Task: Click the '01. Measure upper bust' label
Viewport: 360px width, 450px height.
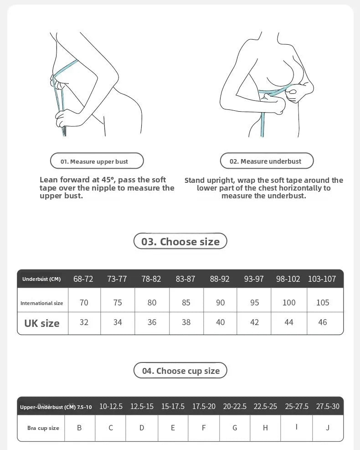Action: [x=97, y=161]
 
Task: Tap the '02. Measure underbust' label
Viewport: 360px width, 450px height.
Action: [x=267, y=161]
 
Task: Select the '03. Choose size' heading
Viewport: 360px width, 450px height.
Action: [x=180, y=241]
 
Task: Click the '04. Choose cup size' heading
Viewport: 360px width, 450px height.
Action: [x=180, y=371]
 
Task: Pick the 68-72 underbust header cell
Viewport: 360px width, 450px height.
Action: [x=83, y=279]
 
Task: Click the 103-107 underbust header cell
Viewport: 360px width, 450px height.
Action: [x=322, y=279]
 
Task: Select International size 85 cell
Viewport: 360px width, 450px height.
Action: [x=186, y=303]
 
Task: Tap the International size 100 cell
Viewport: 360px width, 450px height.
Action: [x=288, y=303]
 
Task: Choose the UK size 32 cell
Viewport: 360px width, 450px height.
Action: [x=84, y=322]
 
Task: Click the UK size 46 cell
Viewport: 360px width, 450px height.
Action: [x=323, y=322]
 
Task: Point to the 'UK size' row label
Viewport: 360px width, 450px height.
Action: [x=42, y=323]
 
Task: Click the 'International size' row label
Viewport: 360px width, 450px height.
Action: [x=42, y=303]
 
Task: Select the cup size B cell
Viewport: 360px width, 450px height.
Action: [x=79, y=428]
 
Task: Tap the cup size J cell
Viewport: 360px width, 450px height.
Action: [x=328, y=428]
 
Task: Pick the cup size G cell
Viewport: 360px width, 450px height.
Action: [x=235, y=428]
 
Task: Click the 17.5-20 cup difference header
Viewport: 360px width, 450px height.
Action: [x=204, y=406]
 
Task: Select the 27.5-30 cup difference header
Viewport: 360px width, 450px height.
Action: [x=328, y=406]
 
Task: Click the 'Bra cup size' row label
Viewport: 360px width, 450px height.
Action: [x=43, y=428]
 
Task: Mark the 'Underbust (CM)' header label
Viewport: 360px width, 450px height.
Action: [x=41, y=279]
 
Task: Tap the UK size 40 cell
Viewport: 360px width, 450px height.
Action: [x=220, y=322]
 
